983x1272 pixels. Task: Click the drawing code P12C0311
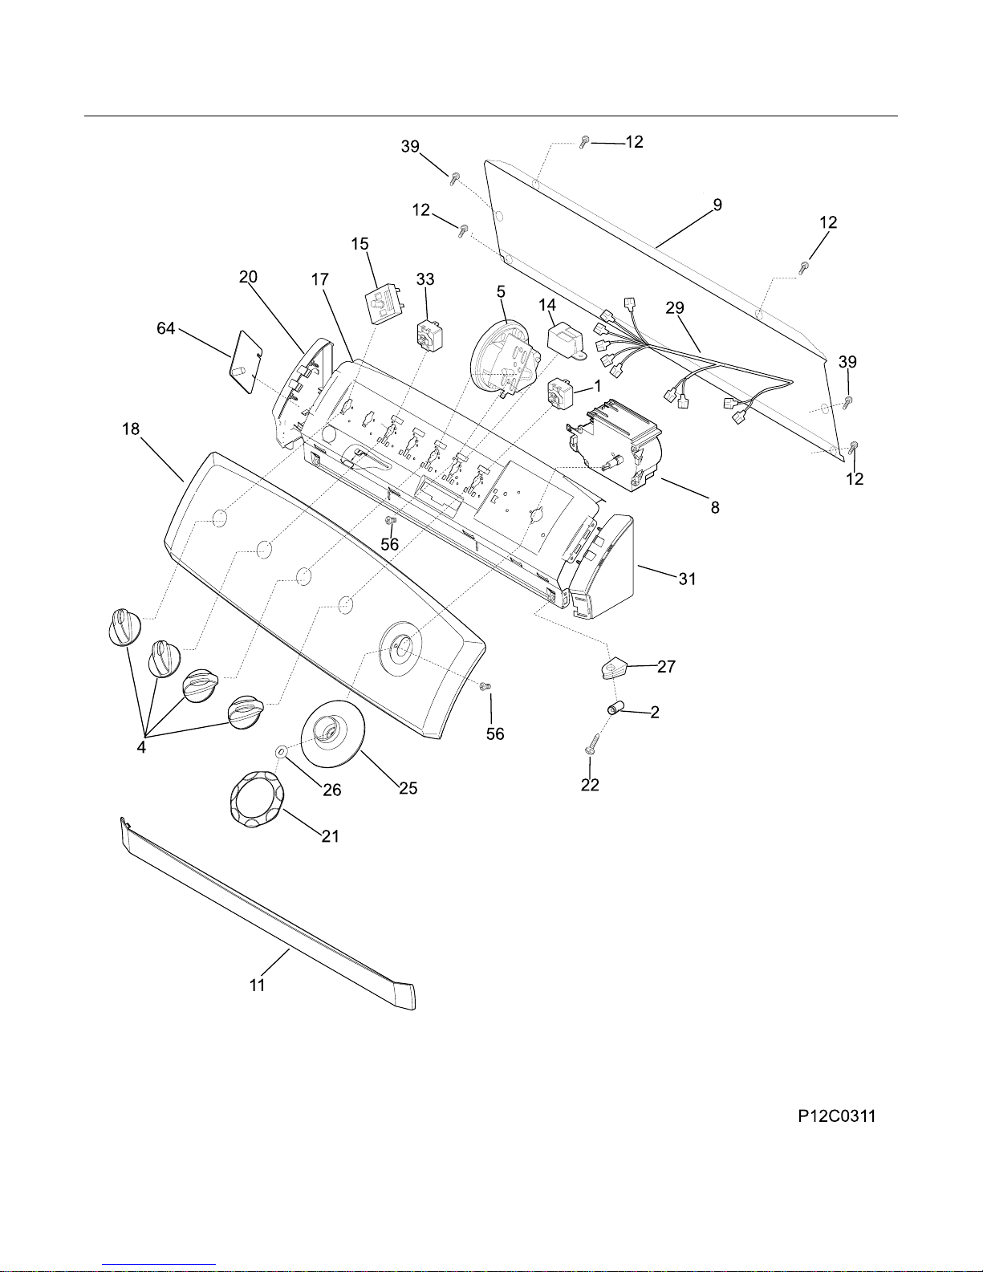(x=837, y=1116)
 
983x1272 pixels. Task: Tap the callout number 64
(x=165, y=328)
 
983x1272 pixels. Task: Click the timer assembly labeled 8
(x=615, y=444)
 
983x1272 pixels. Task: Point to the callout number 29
(x=675, y=307)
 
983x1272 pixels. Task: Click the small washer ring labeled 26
(x=281, y=751)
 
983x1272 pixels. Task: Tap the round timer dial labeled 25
(x=332, y=733)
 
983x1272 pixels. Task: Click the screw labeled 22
(x=591, y=743)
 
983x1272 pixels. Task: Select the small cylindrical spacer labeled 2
(x=613, y=709)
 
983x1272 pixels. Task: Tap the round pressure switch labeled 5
(x=506, y=358)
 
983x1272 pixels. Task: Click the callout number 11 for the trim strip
(x=258, y=985)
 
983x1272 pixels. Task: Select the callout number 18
(x=131, y=429)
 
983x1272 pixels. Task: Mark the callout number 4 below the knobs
(x=141, y=747)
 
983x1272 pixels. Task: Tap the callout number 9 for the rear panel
(x=717, y=205)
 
